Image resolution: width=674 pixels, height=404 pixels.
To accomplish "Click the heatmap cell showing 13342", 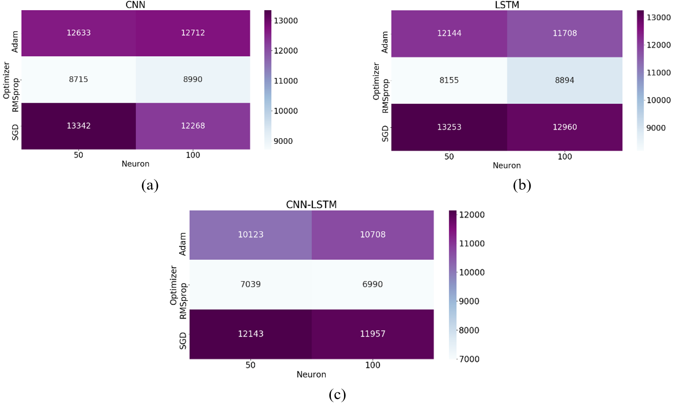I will tap(78, 126).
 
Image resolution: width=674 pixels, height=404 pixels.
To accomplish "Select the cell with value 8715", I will tap(78, 79).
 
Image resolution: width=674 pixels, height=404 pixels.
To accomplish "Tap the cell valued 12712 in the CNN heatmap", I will tap(193, 33).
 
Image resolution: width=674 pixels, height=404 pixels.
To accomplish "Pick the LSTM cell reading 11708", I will tap(564, 33).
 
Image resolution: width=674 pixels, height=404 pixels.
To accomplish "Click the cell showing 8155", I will tap(449, 80).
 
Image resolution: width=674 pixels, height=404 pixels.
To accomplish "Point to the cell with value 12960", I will tap(564, 127).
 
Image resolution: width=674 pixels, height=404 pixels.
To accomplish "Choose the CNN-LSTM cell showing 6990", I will tap(372, 284).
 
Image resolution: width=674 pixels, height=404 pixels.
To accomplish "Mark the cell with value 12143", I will tap(250, 334).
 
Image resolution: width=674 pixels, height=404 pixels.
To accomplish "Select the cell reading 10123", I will tap(250, 235).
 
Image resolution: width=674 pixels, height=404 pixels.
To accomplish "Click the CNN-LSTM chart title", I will tap(311, 205).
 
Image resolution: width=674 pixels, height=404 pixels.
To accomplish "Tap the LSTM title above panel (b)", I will tap(507, 5).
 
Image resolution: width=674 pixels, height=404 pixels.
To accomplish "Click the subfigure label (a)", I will tap(150, 185).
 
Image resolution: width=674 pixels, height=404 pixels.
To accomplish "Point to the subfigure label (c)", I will tap(337, 394).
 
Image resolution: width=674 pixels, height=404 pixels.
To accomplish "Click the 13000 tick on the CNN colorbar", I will tap(286, 21).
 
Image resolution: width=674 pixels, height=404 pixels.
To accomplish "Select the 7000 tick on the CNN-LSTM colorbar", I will tap(469, 359).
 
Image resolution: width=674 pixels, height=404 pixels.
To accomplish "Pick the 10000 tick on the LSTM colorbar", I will tap(658, 100).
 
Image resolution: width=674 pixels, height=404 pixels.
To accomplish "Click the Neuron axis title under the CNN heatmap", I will tap(136, 164).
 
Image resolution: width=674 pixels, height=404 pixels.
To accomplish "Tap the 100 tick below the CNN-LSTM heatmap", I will tap(372, 365).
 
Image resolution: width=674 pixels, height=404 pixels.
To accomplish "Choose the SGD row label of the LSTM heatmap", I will tap(385, 133).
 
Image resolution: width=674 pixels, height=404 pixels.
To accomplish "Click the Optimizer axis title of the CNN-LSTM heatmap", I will tap(173, 285).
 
